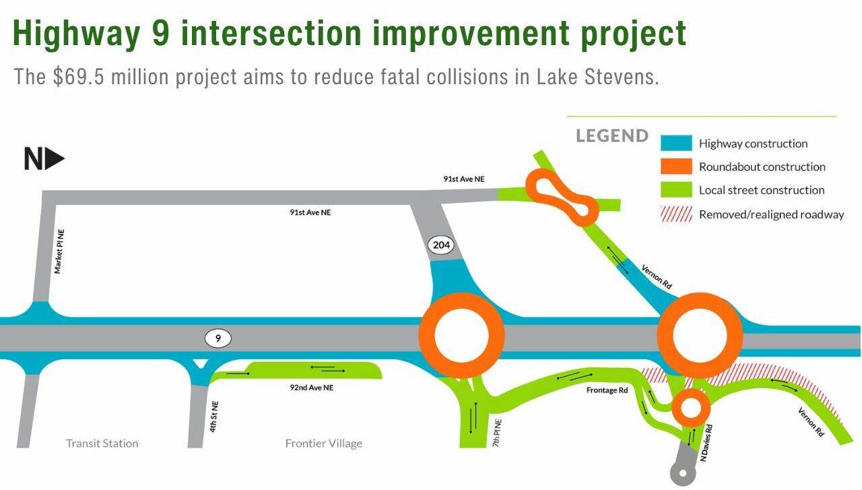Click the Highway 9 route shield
coord(218,338)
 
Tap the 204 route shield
coord(441,245)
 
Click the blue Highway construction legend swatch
coord(676,143)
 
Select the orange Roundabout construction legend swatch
coord(676,166)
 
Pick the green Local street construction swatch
coord(676,189)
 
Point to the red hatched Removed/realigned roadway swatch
coord(676,214)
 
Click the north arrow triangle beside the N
coord(55,158)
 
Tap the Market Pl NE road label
coord(59,251)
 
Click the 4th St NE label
coord(214,417)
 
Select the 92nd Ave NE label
coord(311,388)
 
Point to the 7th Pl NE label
coord(497,433)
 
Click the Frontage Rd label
coord(607,390)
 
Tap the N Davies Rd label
coord(706,443)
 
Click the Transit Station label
coord(102,443)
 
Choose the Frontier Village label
coord(324,443)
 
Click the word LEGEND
coord(612,136)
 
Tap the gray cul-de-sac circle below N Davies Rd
coord(683,473)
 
